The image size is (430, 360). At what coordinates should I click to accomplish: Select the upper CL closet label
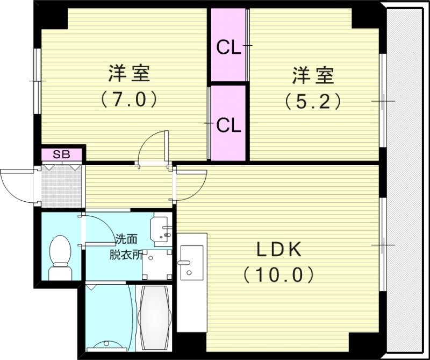[228, 48]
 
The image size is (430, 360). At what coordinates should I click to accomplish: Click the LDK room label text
[278, 250]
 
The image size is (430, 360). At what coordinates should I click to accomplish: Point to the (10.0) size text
[278, 276]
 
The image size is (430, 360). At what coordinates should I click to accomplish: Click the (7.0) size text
[128, 100]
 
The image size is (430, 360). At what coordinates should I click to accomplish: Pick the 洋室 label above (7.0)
[128, 74]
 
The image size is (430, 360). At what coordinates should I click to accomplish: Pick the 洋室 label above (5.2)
[313, 75]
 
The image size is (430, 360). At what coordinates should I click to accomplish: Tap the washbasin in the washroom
[161, 229]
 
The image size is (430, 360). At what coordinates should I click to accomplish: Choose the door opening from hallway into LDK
[191, 183]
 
